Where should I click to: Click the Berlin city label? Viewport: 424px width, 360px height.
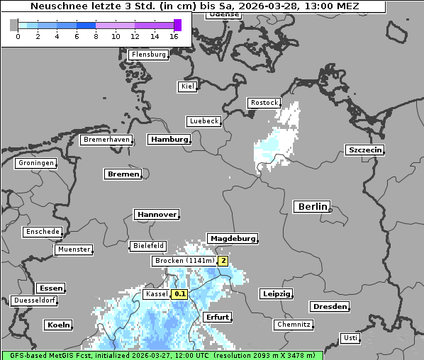tap(311, 206)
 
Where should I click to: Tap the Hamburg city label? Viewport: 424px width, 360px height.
tap(169, 140)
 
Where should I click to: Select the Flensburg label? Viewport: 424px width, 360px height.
tap(148, 55)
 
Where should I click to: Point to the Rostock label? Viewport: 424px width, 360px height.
tap(264, 103)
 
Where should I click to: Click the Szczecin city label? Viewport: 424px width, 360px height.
tap(364, 150)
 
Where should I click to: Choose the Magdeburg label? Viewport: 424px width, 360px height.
tap(232, 238)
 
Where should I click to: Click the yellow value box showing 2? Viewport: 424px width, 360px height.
tap(223, 261)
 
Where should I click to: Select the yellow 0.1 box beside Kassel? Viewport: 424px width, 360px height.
tap(180, 293)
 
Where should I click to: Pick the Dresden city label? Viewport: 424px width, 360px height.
tap(329, 306)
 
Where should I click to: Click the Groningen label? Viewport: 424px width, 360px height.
tap(35, 163)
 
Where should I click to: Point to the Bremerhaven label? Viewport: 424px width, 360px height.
tap(106, 140)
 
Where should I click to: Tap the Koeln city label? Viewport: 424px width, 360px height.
tap(58, 325)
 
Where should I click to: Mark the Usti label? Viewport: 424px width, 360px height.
tap(350, 338)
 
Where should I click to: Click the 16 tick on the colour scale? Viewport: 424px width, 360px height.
tap(174, 36)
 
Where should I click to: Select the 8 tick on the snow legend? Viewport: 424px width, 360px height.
tap(96, 36)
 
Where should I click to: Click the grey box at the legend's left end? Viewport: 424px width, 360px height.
tap(13, 25)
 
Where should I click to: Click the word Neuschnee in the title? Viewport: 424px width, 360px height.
tap(57, 6)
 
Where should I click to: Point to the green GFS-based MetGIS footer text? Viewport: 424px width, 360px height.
tap(162, 355)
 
